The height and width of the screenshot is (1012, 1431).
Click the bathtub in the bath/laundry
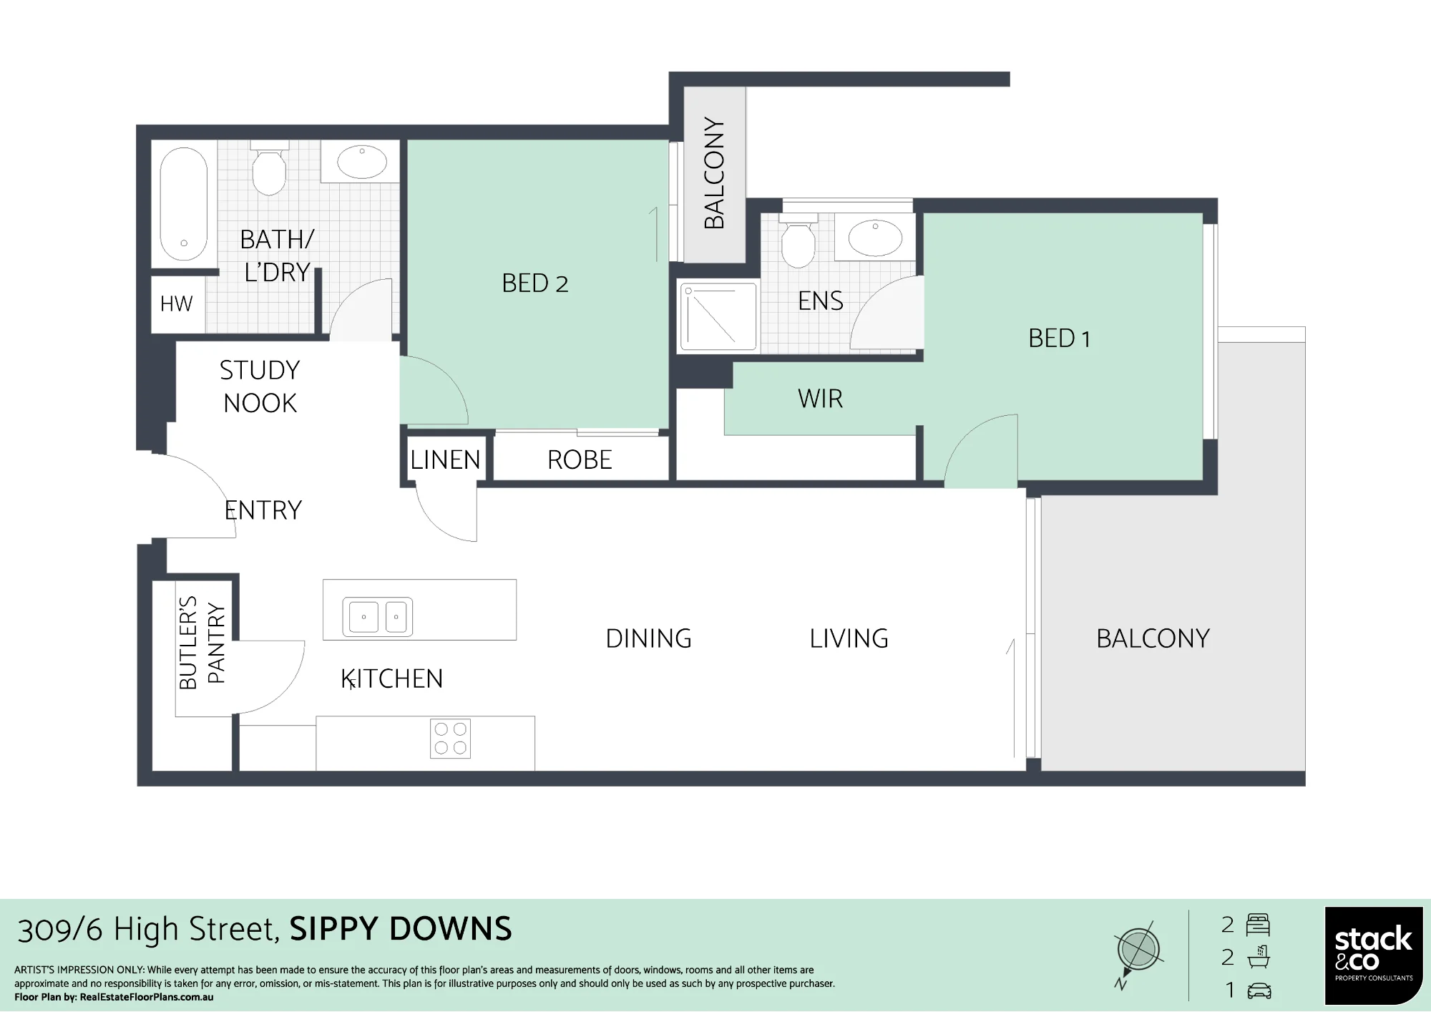point(184,204)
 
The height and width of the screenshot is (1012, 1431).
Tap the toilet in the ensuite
point(798,240)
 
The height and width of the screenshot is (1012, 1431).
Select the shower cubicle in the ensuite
point(718,317)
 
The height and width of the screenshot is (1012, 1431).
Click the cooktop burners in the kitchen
point(451,739)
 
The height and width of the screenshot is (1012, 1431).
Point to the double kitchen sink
point(378,616)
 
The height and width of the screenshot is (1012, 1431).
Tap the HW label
point(176,304)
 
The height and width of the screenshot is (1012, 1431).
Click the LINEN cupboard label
point(445,459)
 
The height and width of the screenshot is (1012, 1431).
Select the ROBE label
point(580,459)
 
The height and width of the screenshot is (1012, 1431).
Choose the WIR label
point(820,399)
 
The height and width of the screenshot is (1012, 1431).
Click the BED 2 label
point(535,283)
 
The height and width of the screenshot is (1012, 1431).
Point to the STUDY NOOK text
point(260,386)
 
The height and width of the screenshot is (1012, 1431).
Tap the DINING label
point(649,638)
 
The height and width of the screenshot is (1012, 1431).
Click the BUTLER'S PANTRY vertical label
point(202,643)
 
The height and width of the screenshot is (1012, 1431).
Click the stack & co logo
point(1374,955)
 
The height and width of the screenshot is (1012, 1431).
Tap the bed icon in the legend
point(1258,925)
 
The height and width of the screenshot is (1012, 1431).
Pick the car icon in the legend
point(1259,991)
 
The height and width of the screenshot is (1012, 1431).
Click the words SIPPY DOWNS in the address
point(401,929)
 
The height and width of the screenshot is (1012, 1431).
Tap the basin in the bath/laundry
point(361,162)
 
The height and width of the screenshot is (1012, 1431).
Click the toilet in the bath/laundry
point(269,169)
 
